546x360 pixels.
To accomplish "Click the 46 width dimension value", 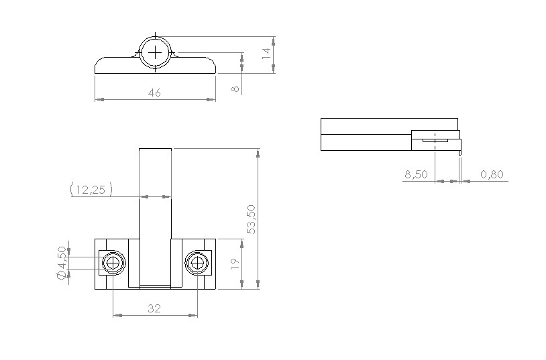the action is click(x=154, y=93).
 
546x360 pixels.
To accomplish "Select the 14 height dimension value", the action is click(x=266, y=53).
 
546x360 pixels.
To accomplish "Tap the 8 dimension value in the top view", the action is click(x=235, y=88).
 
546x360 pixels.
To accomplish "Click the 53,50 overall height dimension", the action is click(x=251, y=219).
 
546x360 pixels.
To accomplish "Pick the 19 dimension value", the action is click(x=235, y=264).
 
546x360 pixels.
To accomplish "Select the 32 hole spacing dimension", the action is click(x=154, y=308).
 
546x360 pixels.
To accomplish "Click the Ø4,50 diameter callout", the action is click(x=61, y=263).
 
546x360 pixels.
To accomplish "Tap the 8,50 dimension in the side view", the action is click(x=416, y=174).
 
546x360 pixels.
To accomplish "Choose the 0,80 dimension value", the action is click(x=492, y=174).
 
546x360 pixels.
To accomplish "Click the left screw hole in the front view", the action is click(x=113, y=263).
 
